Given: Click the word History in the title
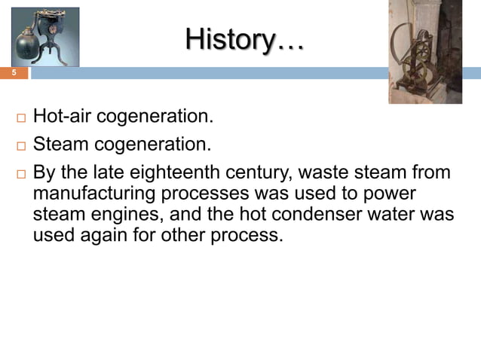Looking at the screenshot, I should click(x=230, y=38).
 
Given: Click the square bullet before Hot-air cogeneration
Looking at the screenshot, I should click(x=19, y=119).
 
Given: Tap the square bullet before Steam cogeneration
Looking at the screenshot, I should click(x=19, y=145).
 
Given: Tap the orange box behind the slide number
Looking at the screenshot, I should click(x=14, y=73).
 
